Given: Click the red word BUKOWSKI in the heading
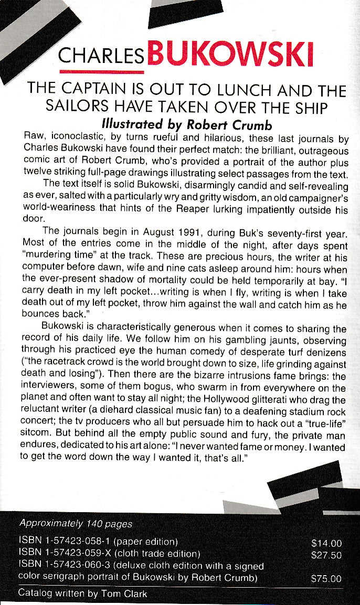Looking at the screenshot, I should [231, 54].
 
